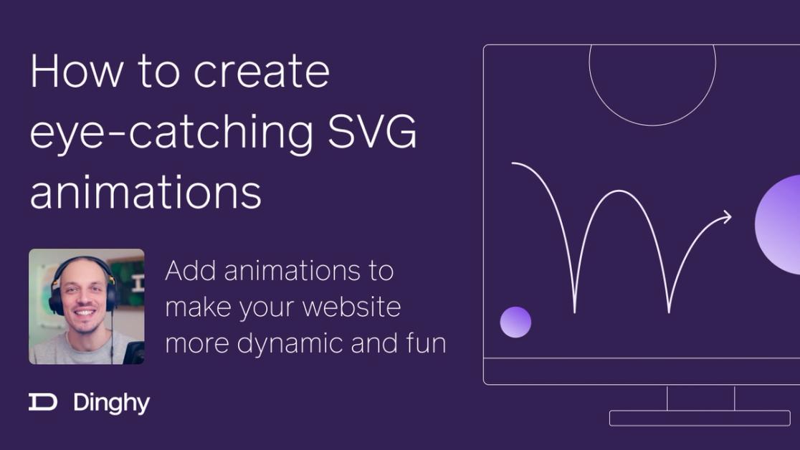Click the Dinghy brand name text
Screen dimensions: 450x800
click(x=111, y=403)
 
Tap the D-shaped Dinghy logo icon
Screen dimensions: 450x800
click(x=43, y=403)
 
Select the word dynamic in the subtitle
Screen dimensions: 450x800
click(x=290, y=343)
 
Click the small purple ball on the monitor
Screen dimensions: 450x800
click(x=515, y=322)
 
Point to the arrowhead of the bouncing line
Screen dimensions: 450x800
click(x=728, y=216)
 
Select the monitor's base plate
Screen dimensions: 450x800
click(x=700, y=418)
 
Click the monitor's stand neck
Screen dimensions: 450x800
click(x=700, y=398)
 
